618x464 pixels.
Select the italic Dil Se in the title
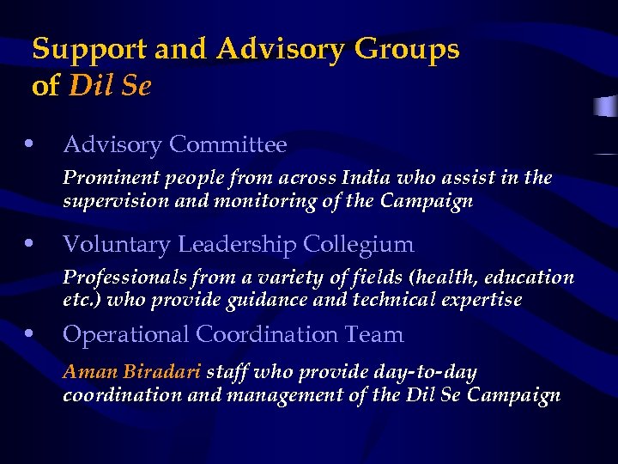pos(110,87)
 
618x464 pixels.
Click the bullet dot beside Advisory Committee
pos(30,143)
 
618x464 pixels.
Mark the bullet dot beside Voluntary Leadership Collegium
pos(30,243)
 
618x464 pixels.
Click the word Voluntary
pos(117,245)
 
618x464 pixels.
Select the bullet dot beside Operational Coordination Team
pos(30,333)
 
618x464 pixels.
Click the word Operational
pos(126,335)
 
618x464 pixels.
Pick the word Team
pos(376,334)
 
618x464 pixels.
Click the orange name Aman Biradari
pos(132,373)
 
